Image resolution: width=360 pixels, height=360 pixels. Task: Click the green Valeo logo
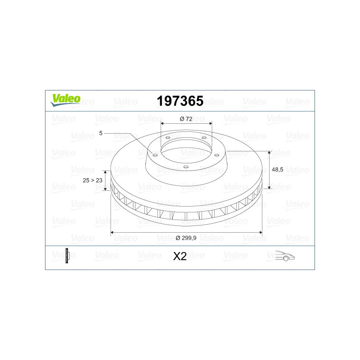pyautogui.click(x=65, y=100)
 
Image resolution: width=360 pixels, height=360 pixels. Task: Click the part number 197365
pyautogui.click(x=180, y=101)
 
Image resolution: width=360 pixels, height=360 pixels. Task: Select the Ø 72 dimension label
pyautogui.click(x=186, y=119)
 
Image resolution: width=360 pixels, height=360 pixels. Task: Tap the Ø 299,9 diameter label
pyautogui.click(x=186, y=238)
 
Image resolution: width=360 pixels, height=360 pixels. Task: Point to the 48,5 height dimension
pyautogui.click(x=277, y=170)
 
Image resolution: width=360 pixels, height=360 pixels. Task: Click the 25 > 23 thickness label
pyautogui.click(x=93, y=180)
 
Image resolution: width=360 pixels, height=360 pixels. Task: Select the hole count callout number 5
pyautogui.click(x=101, y=133)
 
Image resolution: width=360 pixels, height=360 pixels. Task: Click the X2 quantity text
pyautogui.click(x=180, y=256)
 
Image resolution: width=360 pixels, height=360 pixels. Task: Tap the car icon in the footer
pyautogui.click(x=285, y=256)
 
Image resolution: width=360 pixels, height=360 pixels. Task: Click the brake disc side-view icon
pyautogui.click(x=67, y=256)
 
